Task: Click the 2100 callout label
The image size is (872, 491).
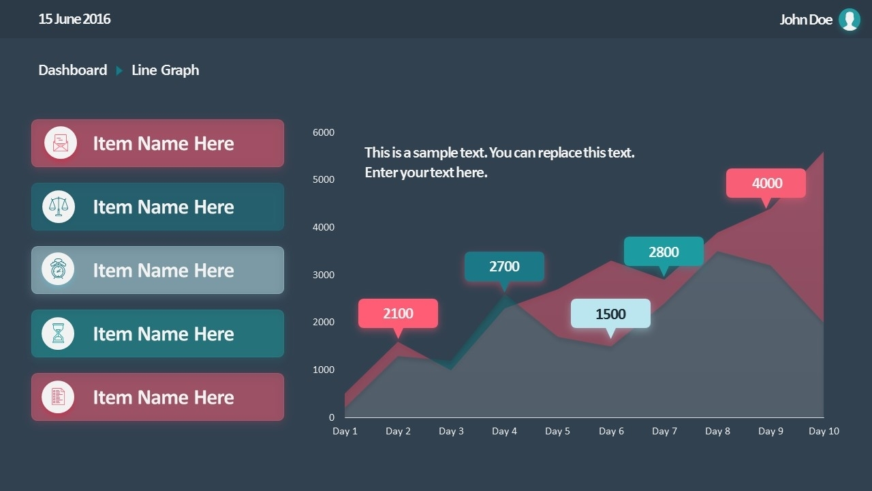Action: pyautogui.click(x=398, y=314)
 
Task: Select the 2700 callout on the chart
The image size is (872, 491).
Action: pyautogui.click(x=504, y=267)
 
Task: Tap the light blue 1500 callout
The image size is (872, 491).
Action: pyautogui.click(x=610, y=314)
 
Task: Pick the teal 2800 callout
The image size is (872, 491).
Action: pyautogui.click(x=664, y=252)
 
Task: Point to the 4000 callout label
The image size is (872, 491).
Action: pyautogui.click(x=766, y=183)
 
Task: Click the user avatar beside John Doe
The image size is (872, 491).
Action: pyautogui.click(x=849, y=20)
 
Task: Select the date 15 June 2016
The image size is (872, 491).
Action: pyautogui.click(x=74, y=19)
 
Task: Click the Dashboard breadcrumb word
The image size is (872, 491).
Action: pyautogui.click(x=73, y=70)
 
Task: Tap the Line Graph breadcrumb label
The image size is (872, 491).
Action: pyautogui.click(x=166, y=70)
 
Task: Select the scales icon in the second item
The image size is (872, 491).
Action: pyautogui.click(x=59, y=207)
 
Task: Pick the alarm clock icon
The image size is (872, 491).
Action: pyautogui.click(x=59, y=270)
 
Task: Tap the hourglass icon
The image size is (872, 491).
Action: pyautogui.click(x=59, y=333)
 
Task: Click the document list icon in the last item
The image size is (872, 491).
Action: pyautogui.click(x=58, y=397)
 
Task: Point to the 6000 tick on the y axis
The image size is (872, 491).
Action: pyautogui.click(x=324, y=132)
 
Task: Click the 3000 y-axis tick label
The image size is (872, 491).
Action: pyautogui.click(x=324, y=275)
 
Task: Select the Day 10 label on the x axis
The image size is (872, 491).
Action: pyautogui.click(x=824, y=431)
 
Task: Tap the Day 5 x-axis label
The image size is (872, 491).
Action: pyautogui.click(x=557, y=431)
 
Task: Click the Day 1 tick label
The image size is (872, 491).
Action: pyautogui.click(x=345, y=431)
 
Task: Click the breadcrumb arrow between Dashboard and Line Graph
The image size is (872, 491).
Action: pyautogui.click(x=119, y=70)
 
